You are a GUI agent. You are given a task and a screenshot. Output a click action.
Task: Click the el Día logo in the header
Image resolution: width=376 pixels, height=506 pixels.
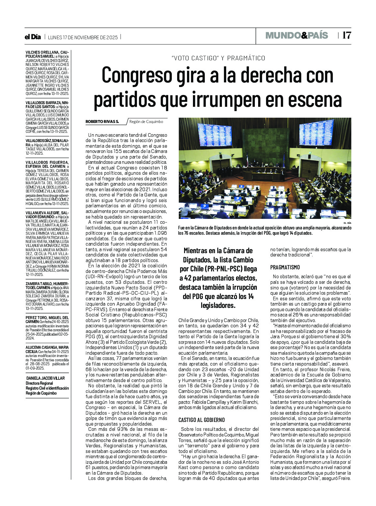coord(33,37)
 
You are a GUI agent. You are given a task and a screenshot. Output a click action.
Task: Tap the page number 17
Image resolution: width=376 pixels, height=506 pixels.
coord(346,36)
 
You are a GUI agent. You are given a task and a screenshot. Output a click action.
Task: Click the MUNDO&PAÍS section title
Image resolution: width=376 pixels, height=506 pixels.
coord(297,36)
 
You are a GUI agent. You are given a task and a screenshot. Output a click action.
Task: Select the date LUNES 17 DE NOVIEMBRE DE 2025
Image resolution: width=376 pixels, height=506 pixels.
coord(83,37)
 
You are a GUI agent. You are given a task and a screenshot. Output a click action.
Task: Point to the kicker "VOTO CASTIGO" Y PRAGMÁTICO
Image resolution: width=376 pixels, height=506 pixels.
coord(218,58)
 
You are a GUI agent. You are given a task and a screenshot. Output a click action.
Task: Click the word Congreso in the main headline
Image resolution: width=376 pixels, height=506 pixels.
coord(137,75)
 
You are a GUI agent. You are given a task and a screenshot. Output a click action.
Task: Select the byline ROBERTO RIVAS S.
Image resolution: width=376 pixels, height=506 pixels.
coord(102,122)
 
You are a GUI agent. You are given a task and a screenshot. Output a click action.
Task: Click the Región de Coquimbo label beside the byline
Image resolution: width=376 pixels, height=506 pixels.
coord(146,122)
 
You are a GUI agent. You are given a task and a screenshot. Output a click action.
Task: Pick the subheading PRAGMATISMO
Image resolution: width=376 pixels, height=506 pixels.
coord(285,267)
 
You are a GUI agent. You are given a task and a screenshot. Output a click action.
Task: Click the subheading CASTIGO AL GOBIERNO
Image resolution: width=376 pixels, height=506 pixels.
coord(201,420)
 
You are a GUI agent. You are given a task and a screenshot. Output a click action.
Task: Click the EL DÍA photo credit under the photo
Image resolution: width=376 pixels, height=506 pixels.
coord(347,223)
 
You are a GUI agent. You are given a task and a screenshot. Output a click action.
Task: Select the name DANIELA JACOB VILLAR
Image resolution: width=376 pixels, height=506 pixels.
coord(45,378)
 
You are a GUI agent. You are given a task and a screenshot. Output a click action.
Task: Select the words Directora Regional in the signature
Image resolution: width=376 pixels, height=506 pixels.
coord(39,383)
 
